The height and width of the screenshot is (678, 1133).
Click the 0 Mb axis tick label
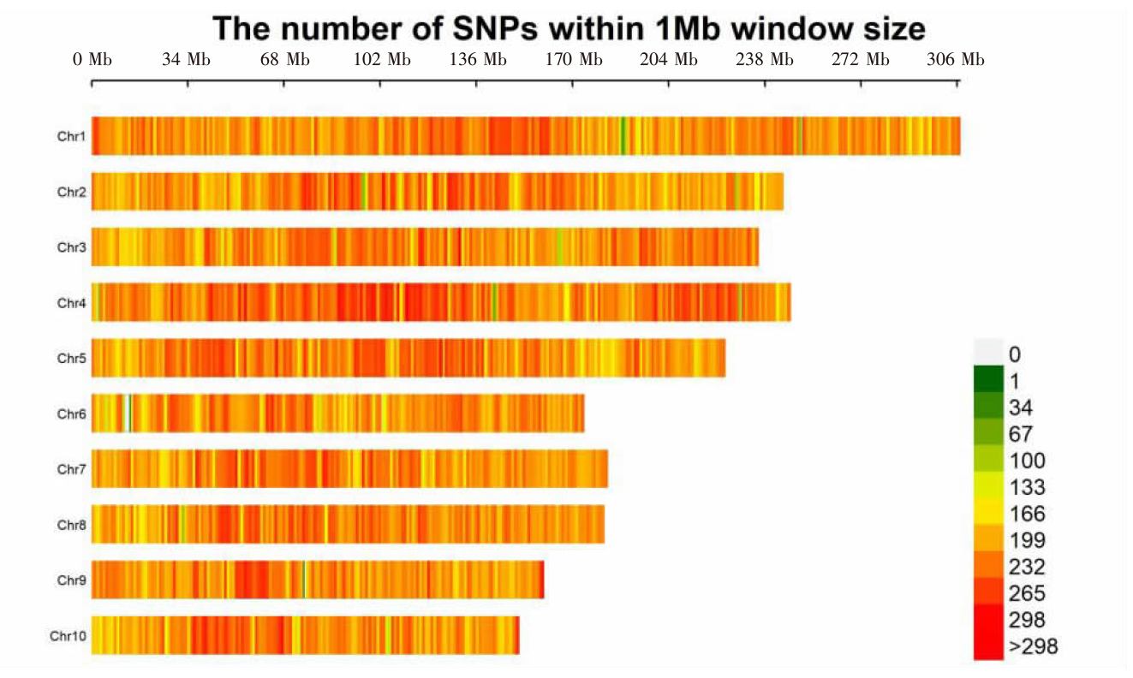[92, 60]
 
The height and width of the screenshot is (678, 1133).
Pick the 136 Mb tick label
[478, 60]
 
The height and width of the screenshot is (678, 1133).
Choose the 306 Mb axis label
[955, 60]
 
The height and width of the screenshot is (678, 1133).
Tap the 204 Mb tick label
[669, 60]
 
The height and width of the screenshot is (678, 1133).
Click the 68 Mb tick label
[285, 60]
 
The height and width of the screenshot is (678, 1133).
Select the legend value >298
[1033, 646]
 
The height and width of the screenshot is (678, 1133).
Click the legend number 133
[1027, 487]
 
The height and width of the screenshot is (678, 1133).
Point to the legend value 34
[1021, 407]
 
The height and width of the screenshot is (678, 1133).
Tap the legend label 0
[1015, 354]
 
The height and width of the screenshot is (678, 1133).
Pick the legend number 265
[1027, 593]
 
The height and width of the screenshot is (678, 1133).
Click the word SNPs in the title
[492, 29]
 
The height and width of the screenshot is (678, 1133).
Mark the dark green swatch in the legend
[987, 378]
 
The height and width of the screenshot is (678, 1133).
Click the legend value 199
[1027, 540]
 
